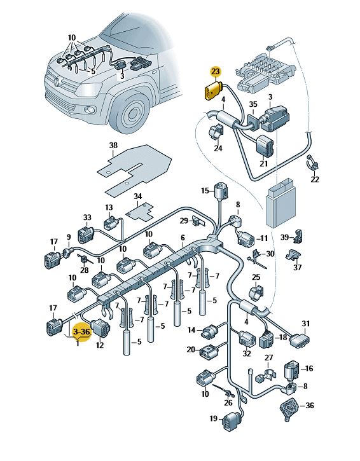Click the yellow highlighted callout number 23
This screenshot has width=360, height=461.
point(215,71)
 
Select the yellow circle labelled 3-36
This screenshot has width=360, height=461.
point(81,332)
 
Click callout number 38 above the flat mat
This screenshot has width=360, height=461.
point(113,145)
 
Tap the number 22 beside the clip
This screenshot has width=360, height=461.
point(315,179)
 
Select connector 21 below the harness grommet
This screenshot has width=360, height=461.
point(265,146)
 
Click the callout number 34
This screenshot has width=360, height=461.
point(137,196)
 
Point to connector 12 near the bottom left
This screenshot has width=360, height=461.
point(100,329)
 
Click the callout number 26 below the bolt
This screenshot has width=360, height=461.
point(228,403)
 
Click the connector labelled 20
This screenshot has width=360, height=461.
point(209,352)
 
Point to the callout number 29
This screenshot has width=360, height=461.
point(184,221)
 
